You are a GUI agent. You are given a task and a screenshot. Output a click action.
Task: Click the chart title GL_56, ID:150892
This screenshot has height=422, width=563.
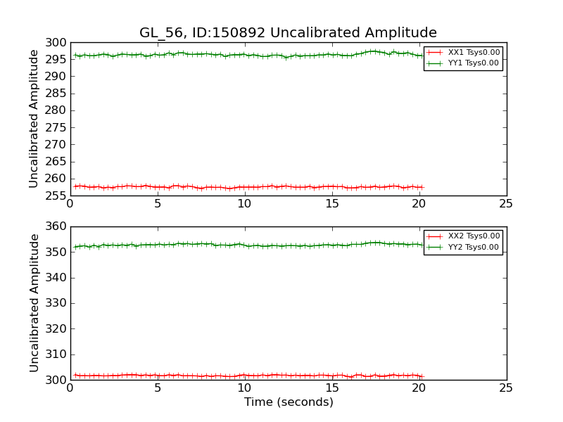(288, 33)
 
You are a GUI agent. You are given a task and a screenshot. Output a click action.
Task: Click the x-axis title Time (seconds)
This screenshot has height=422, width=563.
(289, 402)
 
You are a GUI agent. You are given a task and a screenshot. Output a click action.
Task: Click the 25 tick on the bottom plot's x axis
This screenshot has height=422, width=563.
(506, 388)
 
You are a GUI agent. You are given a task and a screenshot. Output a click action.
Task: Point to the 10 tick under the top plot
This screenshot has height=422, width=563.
(244, 204)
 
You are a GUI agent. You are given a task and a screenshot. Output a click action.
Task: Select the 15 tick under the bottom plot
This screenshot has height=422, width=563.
(331, 388)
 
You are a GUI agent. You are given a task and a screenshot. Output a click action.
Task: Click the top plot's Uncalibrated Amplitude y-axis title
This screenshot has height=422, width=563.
(34, 118)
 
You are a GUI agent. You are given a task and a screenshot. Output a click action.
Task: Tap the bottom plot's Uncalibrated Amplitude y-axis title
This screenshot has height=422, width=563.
(34, 302)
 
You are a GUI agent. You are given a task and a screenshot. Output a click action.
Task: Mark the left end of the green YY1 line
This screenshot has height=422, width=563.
(75, 55)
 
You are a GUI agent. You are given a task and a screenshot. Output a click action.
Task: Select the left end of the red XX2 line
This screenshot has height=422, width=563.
(75, 375)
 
